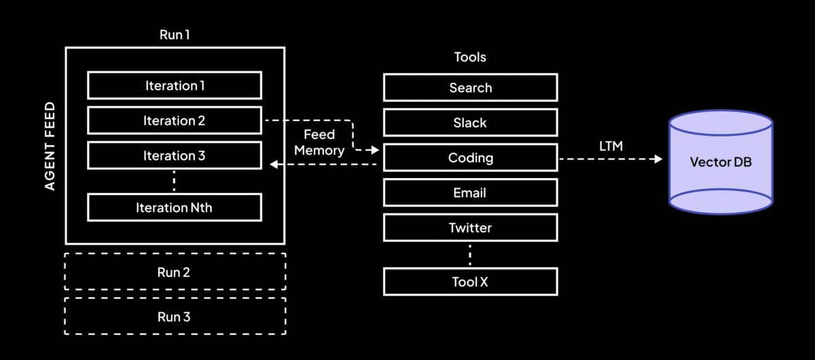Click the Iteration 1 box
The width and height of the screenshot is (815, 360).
click(175, 86)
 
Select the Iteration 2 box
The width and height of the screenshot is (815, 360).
click(175, 121)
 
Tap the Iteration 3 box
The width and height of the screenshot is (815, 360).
click(175, 156)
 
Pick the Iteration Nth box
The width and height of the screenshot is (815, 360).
click(175, 207)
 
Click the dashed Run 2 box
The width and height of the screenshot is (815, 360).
click(175, 273)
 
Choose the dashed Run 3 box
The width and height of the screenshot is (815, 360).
click(175, 317)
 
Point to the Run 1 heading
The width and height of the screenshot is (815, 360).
click(175, 35)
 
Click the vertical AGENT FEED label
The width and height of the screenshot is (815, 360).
click(50, 146)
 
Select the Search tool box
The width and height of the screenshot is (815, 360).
click(470, 88)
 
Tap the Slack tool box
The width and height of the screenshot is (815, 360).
click(470, 123)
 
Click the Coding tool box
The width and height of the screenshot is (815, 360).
click(470, 158)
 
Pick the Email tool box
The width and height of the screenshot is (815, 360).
click(470, 193)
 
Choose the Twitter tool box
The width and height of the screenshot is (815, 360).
click(470, 228)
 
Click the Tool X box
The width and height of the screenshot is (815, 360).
click(470, 281)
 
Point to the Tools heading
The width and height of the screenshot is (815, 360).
click(470, 57)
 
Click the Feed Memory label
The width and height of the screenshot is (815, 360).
click(319, 143)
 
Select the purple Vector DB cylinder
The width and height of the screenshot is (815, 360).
click(721, 162)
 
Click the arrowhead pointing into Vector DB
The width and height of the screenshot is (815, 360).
click(657, 158)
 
